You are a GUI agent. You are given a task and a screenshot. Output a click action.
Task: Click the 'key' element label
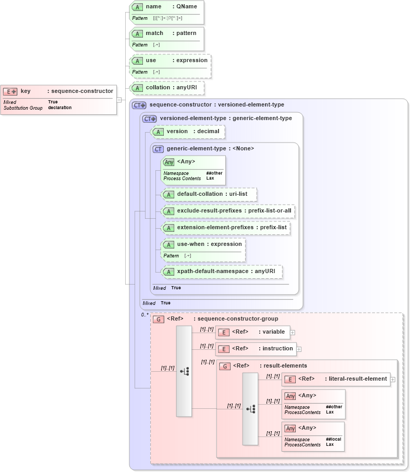tap(26, 91)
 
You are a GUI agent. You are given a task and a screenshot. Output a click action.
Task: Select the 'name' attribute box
tap(166, 12)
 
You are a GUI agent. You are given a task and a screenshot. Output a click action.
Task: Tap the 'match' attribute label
tap(154, 33)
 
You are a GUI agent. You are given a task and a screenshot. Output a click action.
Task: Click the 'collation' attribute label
tap(158, 87)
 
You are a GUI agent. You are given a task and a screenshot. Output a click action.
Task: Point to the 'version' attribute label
tap(177, 131)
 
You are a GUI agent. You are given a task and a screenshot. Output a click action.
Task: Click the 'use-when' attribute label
tap(190, 244)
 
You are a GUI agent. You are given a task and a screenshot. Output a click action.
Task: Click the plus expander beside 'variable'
tap(293, 332)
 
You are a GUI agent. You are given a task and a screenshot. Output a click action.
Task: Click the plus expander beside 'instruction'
tap(299, 349)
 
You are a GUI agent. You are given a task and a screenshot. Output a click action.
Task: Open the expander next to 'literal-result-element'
tap(392, 379)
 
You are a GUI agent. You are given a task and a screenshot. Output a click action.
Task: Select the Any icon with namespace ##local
tap(291, 429)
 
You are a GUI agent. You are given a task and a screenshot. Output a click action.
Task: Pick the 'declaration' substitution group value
tap(60, 108)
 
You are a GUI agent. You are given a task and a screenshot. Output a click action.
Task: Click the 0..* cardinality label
tap(144, 315)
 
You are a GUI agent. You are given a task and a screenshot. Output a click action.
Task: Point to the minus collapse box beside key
tap(119, 100)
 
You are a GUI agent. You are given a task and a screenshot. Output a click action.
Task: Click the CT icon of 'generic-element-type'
tap(158, 149)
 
